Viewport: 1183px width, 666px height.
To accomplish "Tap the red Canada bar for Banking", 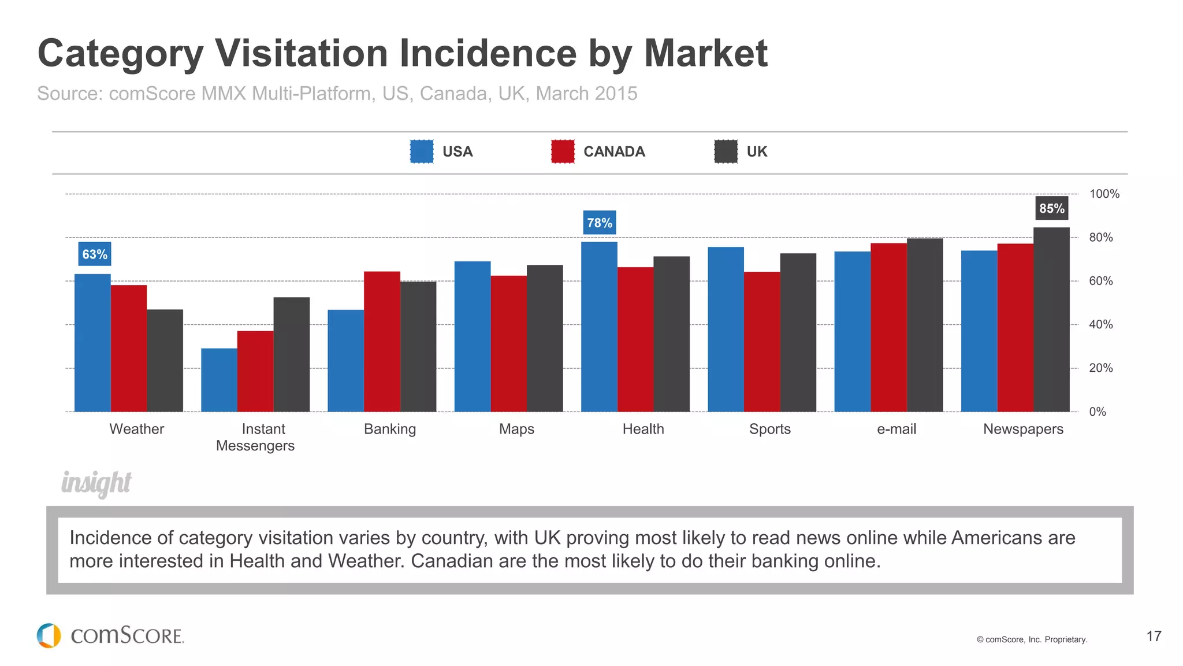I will (382, 342).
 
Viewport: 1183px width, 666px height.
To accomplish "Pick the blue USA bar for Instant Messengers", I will (219, 380).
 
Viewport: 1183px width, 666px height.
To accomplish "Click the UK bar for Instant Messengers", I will (291, 354).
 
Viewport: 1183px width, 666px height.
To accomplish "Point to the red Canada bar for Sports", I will (762, 342).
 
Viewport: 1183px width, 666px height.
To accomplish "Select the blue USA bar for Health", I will (599, 327).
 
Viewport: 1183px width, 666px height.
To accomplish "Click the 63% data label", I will (95, 254).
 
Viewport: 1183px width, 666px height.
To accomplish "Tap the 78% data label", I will (600, 223).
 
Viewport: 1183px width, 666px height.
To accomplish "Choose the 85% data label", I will (1051, 209).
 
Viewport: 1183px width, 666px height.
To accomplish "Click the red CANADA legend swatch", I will (563, 151).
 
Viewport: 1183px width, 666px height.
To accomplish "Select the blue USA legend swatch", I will (422, 151).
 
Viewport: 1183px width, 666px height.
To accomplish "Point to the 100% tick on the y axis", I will (1104, 194).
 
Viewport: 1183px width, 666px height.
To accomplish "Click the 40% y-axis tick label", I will (1100, 324).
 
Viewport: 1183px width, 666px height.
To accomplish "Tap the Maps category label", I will (516, 429).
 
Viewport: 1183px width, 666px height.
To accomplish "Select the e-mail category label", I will (896, 429).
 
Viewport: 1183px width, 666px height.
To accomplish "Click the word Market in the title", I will (705, 54).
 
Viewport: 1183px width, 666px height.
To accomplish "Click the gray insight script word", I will (96, 483).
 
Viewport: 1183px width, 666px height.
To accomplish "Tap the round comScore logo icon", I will (49, 635).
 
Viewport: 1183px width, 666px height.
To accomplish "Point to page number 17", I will (1154, 637).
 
